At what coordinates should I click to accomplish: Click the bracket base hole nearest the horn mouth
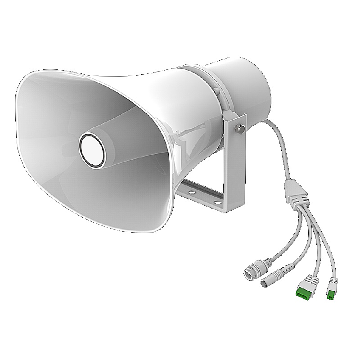[x=192, y=191]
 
